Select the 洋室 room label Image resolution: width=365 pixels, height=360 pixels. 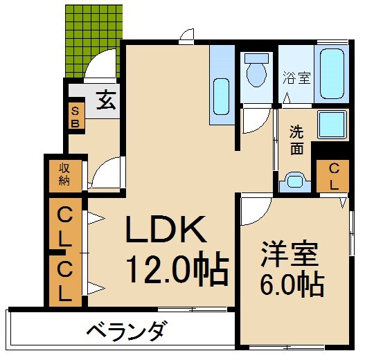click(x=291, y=253)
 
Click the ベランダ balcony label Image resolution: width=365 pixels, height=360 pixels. click(x=126, y=331)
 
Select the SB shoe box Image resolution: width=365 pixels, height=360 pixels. click(x=75, y=116)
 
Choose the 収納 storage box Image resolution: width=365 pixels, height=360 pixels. click(x=64, y=174)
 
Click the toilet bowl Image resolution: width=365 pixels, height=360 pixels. click(x=256, y=73)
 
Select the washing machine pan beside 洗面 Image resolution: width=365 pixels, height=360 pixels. click(x=336, y=125)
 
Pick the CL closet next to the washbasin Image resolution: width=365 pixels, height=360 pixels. click(x=333, y=176)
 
